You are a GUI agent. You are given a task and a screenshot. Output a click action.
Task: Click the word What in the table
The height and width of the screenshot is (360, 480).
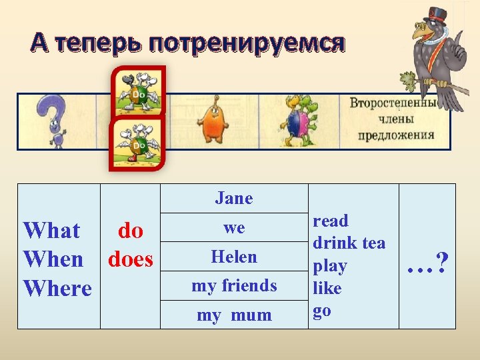[51, 231]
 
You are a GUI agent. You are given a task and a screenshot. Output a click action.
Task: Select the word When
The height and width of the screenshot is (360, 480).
[53, 259]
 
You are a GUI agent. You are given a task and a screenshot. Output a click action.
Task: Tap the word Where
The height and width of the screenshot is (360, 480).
[57, 289]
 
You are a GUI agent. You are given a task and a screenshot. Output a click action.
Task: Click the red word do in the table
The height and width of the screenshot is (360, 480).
[131, 231]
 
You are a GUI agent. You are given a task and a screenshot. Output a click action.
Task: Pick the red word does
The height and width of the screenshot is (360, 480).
[131, 259]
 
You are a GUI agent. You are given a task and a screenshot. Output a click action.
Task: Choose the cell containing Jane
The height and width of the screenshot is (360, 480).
[234, 199]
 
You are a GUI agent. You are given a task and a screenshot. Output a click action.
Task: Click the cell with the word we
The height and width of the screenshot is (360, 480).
[234, 227]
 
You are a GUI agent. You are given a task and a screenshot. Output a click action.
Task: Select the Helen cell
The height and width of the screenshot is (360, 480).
[234, 257]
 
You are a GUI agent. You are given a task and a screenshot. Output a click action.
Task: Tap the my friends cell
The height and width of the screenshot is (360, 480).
[234, 286]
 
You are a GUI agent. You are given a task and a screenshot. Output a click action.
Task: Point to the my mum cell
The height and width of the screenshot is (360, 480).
[234, 315]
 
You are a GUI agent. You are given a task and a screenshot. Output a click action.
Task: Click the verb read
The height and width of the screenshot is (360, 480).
[331, 221]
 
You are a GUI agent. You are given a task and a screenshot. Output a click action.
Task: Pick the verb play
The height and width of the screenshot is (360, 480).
[330, 266]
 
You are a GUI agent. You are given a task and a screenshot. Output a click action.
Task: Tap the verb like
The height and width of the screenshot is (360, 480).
[327, 289]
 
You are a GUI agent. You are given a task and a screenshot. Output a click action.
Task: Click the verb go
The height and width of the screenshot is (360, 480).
[322, 311]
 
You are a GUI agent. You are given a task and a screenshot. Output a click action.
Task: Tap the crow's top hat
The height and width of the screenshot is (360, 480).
[437, 14]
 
